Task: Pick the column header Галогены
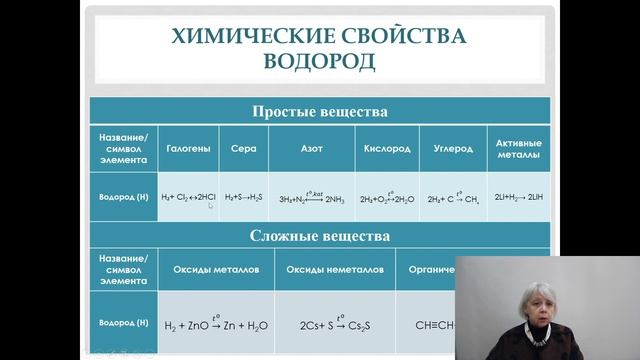188,149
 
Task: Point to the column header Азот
310,149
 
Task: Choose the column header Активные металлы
517,149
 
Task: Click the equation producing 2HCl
188,197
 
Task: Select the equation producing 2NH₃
310,197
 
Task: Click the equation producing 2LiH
517,197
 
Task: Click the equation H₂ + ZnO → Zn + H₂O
217,324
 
